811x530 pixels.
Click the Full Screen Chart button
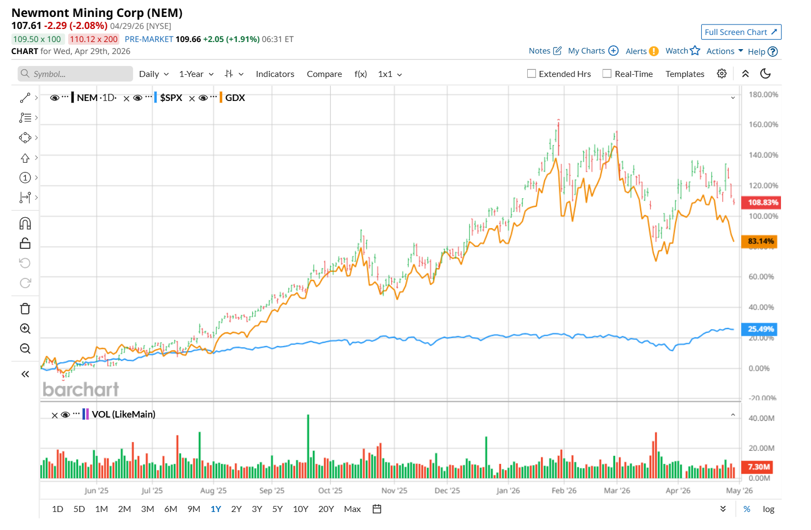pos(741,32)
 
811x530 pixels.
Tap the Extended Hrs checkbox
pos(532,74)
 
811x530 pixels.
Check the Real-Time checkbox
pos(607,74)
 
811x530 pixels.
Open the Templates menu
pos(684,74)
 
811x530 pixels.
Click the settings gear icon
pos(721,74)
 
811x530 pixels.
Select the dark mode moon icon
pos(765,74)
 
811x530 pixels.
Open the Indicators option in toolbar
pos(275,74)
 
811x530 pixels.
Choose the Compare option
pos(324,74)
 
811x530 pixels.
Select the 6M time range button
pos(171,509)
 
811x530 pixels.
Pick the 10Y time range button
pos(300,509)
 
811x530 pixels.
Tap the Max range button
pos(352,509)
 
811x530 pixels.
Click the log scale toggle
pos(768,509)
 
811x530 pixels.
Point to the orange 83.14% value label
pos(760,241)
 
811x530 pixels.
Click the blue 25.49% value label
pos(760,329)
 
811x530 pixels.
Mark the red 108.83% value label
pos(762,203)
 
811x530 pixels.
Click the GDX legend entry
pos(235,98)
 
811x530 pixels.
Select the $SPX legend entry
pos(171,98)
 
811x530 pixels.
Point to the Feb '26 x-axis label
pos(564,491)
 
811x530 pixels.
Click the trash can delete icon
pos(25,309)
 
